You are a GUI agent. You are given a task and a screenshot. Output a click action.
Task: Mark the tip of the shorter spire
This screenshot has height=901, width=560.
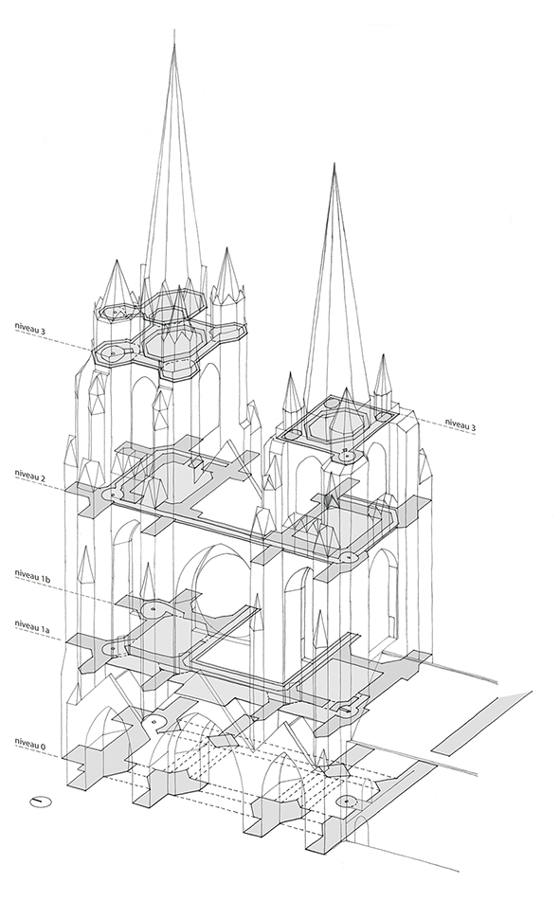coord(334,164)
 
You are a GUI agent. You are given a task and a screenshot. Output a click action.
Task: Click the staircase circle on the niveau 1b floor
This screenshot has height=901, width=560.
coord(154,609)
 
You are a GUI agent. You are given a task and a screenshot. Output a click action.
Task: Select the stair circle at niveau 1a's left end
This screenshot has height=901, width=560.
coord(112,649)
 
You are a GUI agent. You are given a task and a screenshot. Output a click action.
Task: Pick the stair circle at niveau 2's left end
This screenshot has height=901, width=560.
coord(113,494)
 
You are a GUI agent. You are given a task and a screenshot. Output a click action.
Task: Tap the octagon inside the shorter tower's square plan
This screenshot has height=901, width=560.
coord(334,426)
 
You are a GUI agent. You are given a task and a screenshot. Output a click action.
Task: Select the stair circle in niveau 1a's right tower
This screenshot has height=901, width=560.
coord(347,710)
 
